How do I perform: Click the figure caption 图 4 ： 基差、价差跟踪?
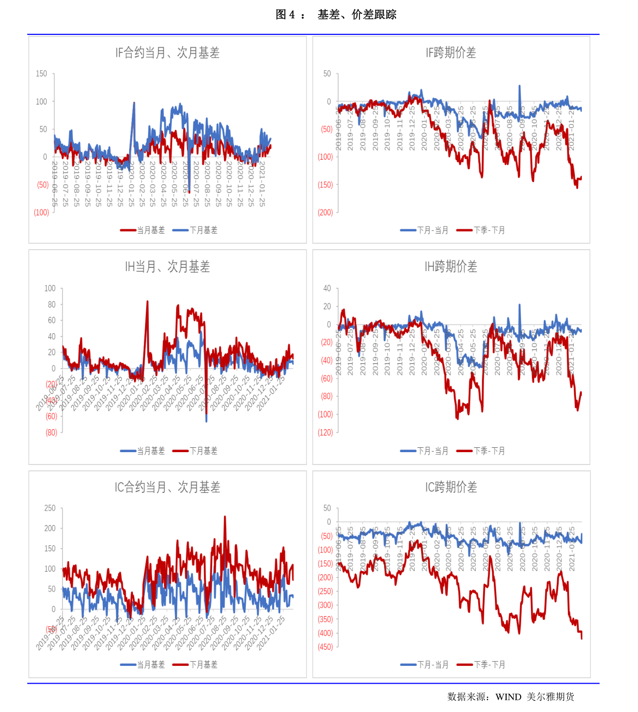coord(336,15)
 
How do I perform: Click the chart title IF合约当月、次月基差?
coord(167,53)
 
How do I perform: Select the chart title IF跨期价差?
coord(451,53)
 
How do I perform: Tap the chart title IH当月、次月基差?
coord(167,266)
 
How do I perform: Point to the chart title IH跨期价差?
coord(451,266)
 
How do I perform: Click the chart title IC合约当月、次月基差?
coord(167,487)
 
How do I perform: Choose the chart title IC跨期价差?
coord(451,487)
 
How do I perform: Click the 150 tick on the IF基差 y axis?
coord(41,74)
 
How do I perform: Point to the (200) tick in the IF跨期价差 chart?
coord(325,213)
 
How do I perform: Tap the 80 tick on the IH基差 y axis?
coord(51,304)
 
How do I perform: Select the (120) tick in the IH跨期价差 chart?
coord(325,433)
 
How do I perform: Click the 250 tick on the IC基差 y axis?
coord(50,508)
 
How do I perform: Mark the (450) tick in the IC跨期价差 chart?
coord(325,647)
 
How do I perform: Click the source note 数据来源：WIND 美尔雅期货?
coord(511,696)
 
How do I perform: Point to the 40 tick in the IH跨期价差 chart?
coord(327,288)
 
